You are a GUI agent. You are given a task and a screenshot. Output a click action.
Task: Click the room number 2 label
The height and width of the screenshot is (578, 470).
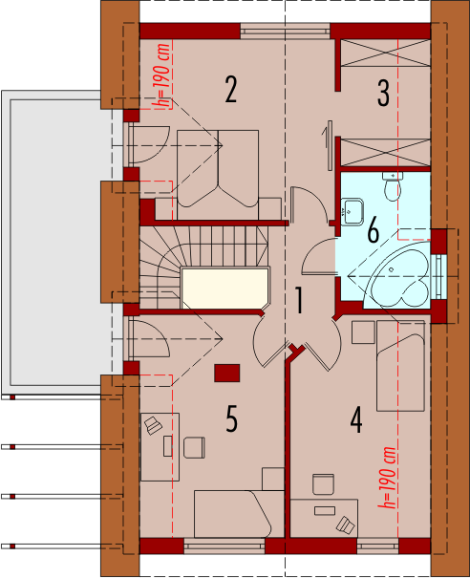231,90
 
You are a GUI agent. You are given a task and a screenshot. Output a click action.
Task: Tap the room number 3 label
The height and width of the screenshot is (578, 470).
383,94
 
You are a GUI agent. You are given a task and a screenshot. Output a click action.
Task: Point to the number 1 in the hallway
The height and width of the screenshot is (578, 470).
299,301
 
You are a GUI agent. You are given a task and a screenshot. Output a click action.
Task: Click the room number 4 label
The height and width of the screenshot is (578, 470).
356,420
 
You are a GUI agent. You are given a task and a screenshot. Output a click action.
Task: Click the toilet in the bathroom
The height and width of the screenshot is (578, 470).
393,186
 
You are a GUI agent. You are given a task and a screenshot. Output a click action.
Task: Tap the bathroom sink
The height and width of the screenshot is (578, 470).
352,211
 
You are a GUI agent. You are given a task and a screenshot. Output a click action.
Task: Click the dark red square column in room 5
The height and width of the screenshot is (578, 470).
227,373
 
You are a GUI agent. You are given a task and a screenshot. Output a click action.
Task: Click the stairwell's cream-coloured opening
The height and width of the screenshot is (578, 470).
225,288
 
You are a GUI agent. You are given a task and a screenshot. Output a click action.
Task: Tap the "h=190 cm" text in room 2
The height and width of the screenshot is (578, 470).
162,75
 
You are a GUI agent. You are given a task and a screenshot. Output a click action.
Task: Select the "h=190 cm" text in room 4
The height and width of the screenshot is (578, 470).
387,478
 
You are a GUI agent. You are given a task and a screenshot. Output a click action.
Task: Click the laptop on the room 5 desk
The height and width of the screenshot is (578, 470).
154,426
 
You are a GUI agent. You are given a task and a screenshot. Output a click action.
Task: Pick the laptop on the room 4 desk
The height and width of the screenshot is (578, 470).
346,524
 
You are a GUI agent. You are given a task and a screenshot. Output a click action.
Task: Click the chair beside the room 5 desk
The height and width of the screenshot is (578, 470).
194,448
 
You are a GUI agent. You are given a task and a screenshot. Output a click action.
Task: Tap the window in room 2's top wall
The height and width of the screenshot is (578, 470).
286,31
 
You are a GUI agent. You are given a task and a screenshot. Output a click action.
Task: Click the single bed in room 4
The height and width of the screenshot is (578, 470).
400,366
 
